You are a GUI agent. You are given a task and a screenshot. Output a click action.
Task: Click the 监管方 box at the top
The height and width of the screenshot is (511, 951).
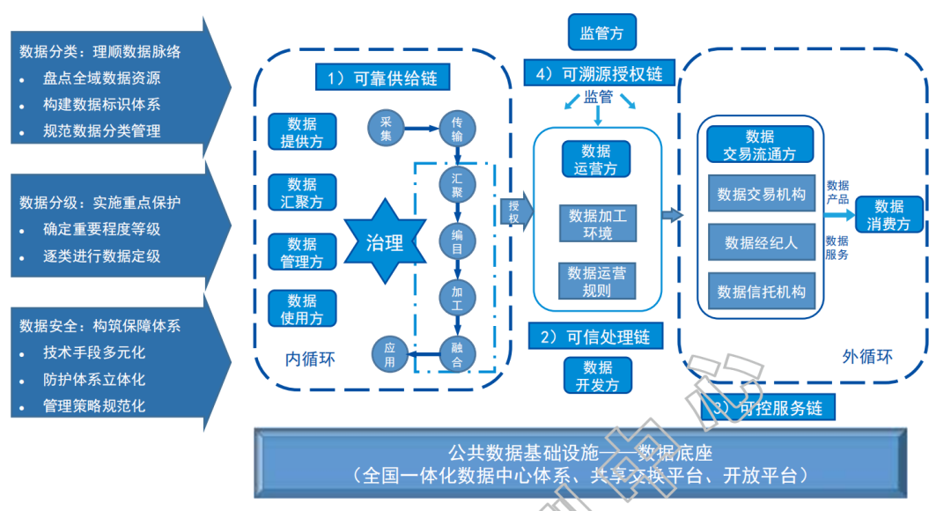[601, 33]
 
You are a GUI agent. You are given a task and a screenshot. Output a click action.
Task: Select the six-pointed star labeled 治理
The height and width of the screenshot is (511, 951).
[385, 241]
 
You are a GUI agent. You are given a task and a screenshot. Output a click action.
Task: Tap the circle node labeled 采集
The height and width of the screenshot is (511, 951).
[386, 129]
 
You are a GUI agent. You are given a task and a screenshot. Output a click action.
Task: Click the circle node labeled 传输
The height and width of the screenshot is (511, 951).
[457, 129]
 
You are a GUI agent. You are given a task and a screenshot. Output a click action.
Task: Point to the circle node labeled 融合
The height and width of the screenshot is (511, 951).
[457, 354]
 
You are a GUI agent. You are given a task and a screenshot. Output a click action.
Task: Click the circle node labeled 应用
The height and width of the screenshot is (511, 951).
[389, 354]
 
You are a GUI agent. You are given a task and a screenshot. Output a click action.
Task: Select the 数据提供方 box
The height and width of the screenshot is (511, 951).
[302, 131]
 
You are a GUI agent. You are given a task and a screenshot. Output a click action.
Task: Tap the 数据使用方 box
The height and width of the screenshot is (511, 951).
[302, 308]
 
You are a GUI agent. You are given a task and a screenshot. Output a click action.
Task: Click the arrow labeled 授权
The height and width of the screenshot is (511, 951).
[517, 212]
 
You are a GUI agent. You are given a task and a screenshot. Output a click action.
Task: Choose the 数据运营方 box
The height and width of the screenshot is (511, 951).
[596, 159]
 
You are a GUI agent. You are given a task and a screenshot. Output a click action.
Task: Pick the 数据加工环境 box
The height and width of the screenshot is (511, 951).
[597, 224]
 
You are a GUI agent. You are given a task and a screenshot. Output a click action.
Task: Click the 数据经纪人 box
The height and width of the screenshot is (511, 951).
[761, 242]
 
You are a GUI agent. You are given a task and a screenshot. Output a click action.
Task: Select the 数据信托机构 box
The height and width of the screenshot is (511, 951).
[761, 292]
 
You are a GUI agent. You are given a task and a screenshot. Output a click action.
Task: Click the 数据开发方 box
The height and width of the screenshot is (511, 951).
[597, 375]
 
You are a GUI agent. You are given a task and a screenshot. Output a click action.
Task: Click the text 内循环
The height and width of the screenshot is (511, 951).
[311, 358]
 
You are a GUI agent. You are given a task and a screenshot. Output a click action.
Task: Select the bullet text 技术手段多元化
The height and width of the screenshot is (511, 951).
[94, 352]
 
